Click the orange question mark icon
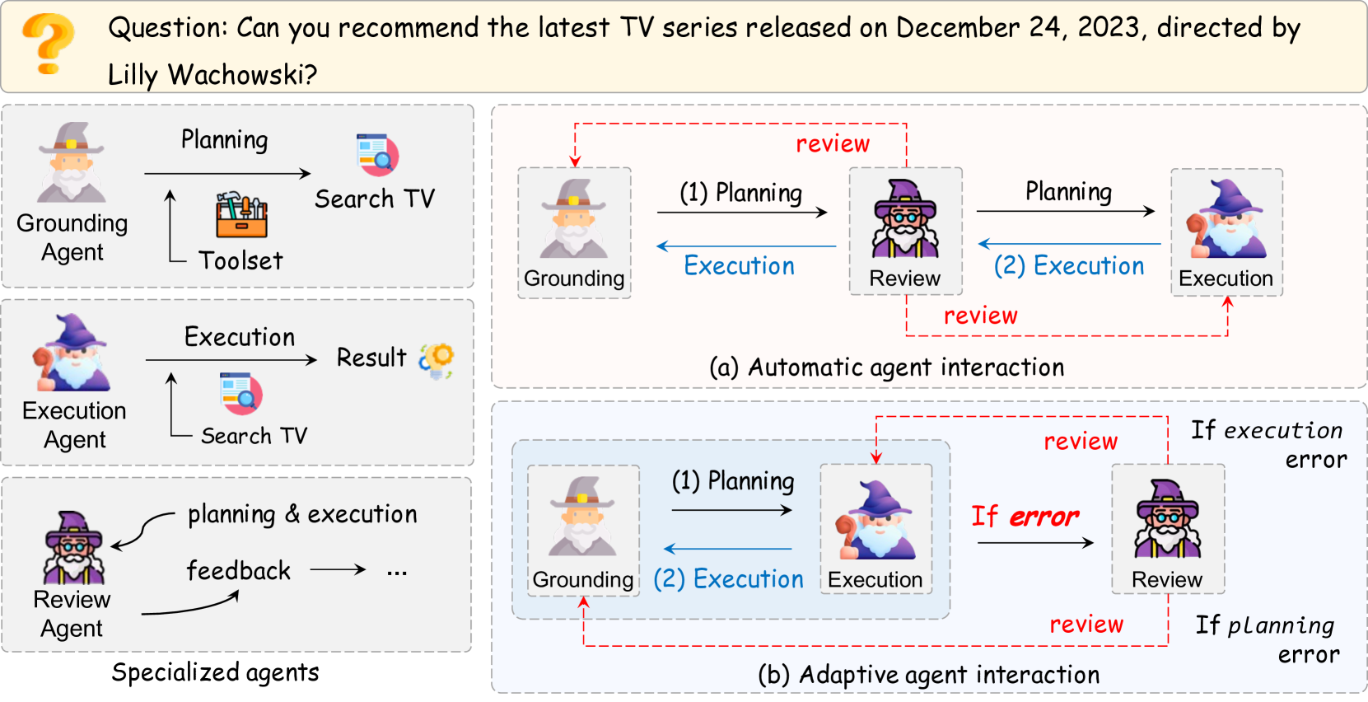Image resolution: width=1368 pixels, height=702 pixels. [49, 44]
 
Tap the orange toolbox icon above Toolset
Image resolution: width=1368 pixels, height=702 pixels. [242, 214]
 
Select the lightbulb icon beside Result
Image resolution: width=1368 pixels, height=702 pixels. [437, 360]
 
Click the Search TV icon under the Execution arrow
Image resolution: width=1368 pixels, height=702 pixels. [241, 394]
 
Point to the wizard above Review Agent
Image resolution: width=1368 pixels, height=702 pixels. [73, 547]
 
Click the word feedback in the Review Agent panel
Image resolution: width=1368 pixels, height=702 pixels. [239, 571]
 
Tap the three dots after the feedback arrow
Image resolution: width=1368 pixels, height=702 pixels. [397, 573]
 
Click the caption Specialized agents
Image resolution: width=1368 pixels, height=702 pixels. [215, 672]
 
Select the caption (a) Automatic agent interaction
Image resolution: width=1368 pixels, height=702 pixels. [887, 367]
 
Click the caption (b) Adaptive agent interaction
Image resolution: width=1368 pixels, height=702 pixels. [928, 675]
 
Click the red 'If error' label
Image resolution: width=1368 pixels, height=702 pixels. [1025, 517]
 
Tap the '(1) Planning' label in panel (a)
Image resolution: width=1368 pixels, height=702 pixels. [740, 193]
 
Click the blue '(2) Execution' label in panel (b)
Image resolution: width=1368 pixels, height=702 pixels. [729, 579]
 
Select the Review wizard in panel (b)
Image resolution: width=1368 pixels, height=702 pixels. [1168, 519]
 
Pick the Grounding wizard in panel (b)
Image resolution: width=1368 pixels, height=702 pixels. [582, 517]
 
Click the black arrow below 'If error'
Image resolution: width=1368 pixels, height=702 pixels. [1035, 542]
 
